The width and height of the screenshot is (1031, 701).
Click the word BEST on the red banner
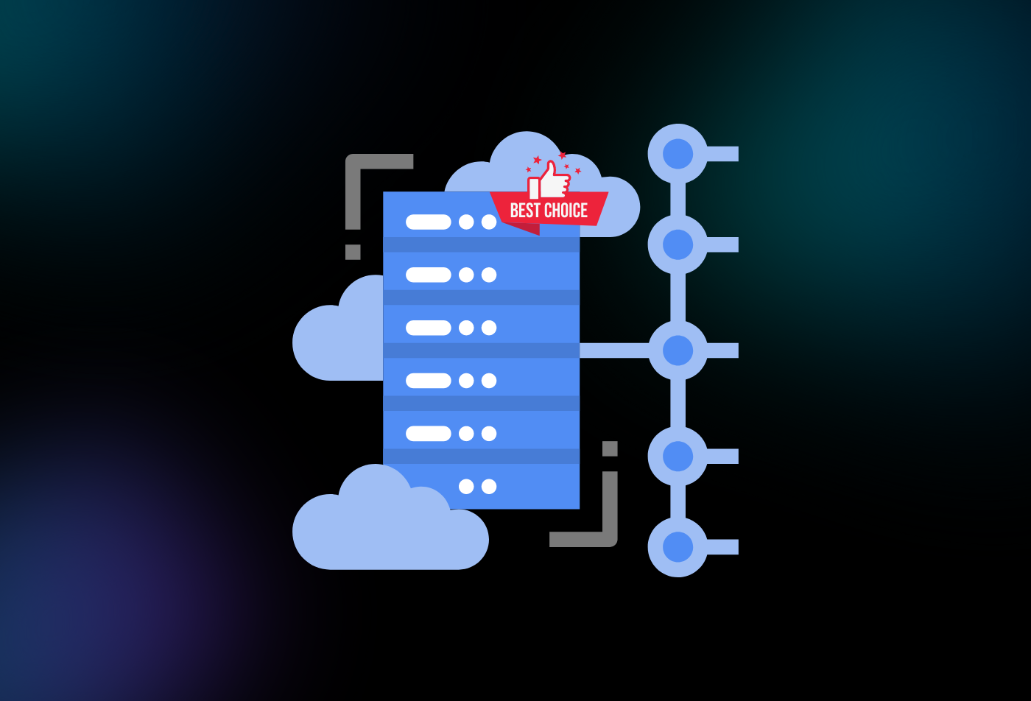pyautogui.click(x=524, y=211)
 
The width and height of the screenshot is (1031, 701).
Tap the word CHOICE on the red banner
pyautogui.click(x=566, y=211)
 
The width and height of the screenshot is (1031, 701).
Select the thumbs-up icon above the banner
pyautogui.click(x=549, y=180)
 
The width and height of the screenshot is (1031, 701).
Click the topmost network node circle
pyautogui.click(x=678, y=153)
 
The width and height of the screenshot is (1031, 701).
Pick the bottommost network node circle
pyautogui.click(x=678, y=547)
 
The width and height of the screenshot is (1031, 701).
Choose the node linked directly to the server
pyautogui.click(x=678, y=350)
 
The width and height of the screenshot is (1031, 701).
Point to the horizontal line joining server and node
pyautogui.click(x=614, y=350)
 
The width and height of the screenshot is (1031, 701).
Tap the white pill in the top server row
pyautogui.click(x=428, y=222)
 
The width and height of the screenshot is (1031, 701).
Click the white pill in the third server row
pyautogui.click(x=428, y=328)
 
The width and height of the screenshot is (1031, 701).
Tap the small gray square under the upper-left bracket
pyautogui.click(x=353, y=253)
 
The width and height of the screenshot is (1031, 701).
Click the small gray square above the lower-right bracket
pyautogui.click(x=610, y=448)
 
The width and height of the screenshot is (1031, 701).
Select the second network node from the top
pyautogui.click(x=678, y=244)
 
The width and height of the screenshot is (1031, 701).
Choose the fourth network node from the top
pyautogui.click(x=678, y=456)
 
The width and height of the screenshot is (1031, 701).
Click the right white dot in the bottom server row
pyautogui.click(x=489, y=487)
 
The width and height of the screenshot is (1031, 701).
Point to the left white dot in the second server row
pyautogui.click(x=466, y=275)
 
